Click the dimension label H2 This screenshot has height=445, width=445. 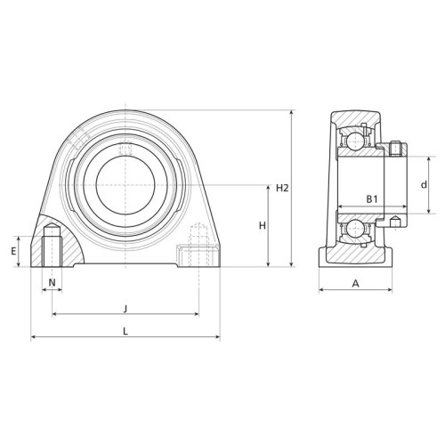[x=282, y=188]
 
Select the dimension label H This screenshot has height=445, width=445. [x=263, y=226]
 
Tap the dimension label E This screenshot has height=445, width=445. [x=13, y=252]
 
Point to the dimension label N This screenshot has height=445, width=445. [x=52, y=283]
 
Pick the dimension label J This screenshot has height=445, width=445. [x=125, y=309]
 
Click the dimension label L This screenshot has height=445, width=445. [x=125, y=331]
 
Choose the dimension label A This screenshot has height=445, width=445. [x=355, y=284]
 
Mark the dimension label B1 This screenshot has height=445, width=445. [x=372, y=199]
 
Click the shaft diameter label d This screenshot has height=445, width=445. [x=425, y=184]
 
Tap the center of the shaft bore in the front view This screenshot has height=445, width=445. [x=125, y=185]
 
